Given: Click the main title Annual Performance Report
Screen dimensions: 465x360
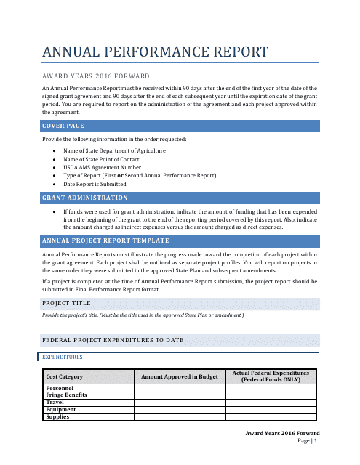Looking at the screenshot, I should coord(155,52).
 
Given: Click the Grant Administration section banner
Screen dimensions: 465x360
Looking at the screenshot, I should coord(85,198).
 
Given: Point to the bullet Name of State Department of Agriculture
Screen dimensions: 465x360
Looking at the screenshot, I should coord(114,150).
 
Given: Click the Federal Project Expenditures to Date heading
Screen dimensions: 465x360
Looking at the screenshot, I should coord(113,340).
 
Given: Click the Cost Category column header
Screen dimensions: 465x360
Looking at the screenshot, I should coord(64,377).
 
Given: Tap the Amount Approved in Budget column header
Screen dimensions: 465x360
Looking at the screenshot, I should coord(179,377).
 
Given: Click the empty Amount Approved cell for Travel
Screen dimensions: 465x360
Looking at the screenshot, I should coord(179,403).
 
